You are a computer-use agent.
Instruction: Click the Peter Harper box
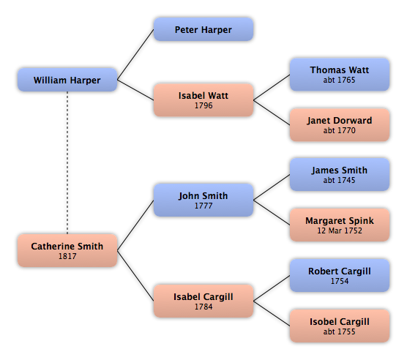click(x=203, y=29)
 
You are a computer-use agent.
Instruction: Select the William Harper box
click(x=67, y=80)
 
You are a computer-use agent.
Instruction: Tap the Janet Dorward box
click(x=340, y=124)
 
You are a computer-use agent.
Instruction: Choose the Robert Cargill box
click(x=340, y=275)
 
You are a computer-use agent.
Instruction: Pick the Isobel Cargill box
click(x=340, y=326)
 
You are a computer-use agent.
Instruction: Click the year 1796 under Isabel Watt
click(x=203, y=105)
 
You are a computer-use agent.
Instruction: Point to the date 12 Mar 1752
click(x=340, y=230)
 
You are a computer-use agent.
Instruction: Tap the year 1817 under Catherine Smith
click(x=67, y=256)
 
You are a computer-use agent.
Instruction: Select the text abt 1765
click(x=339, y=80)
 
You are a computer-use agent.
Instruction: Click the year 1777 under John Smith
click(x=203, y=206)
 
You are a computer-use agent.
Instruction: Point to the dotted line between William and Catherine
click(x=67, y=162)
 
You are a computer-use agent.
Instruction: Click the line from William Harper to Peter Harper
click(x=135, y=54)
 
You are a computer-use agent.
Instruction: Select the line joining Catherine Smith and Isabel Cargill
click(x=135, y=275)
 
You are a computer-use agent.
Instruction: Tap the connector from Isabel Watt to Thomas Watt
click(x=272, y=87)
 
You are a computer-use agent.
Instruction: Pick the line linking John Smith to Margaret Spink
click(x=272, y=212)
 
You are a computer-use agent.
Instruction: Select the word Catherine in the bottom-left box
click(x=50, y=246)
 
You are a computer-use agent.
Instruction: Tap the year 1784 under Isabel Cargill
click(x=203, y=307)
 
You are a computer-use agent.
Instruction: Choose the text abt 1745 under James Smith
click(x=339, y=180)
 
